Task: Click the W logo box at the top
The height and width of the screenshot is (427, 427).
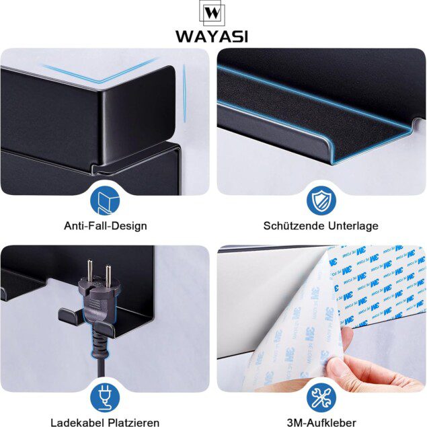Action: (x=212, y=13)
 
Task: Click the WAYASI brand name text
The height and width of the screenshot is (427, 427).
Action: (x=212, y=36)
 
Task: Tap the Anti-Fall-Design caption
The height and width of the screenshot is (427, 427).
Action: (x=106, y=226)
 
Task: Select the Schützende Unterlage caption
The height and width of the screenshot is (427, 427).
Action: (x=321, y=226)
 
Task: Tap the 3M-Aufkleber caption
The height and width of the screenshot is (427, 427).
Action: (x=321, y=422)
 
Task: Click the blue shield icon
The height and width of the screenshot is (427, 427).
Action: (x=321, y=200)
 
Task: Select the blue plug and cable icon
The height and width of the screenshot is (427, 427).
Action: (x=105, y=398)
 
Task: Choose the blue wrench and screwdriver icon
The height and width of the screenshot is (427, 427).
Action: (x=321, y=398)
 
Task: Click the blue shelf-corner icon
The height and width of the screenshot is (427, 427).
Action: (x=105, y=200)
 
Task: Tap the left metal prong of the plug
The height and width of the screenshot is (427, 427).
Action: (x=89, y=270)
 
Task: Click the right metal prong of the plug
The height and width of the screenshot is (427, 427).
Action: (x=108, y=276)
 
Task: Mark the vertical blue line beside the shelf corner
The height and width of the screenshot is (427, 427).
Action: (x=184, y=93)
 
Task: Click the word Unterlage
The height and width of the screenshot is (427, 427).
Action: (x=353, y=226)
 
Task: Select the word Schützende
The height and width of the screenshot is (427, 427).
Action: (x=294, y=226)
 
